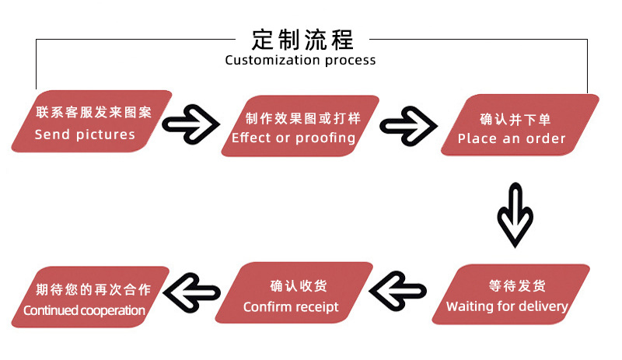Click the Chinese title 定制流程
(302, 38)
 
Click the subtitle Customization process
(300, 60)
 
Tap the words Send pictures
(85, 135)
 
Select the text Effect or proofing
(293, 138)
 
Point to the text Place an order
(512, 138)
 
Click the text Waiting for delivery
(507, 306)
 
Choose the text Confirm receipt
(291, 306)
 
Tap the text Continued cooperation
(84, 310)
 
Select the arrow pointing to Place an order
(411, 124)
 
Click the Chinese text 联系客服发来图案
(93, 113)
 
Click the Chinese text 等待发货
(517, 285)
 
